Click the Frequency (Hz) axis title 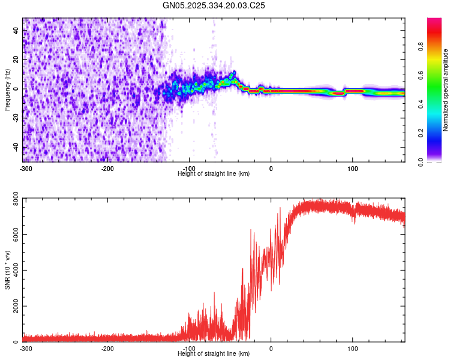pyautogui.click(x=7, y=90)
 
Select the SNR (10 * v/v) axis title pyautogui.click(x=7, y=270)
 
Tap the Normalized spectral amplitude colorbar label pyautogui.click(x=446, y=90)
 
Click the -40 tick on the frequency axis pyautogui.click(x=16, y=147)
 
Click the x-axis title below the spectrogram pyautogui.click(x=214, y=173)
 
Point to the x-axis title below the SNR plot pyautogui.click(x=214, y=354)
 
